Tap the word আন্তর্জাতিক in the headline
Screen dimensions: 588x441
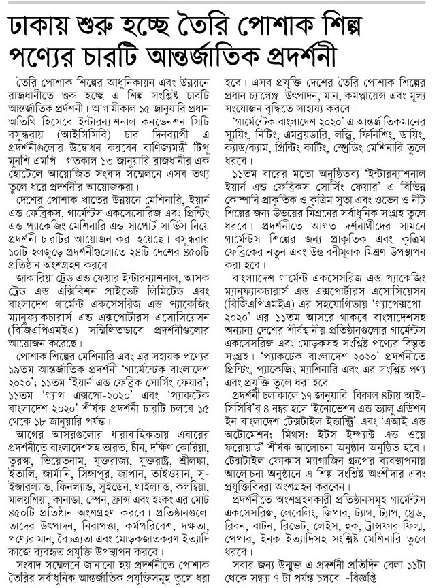[272, 56]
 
